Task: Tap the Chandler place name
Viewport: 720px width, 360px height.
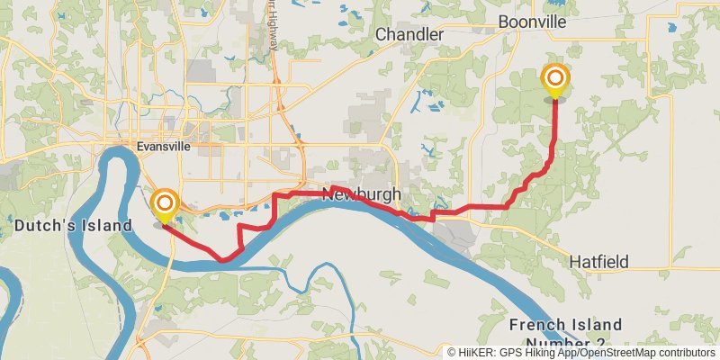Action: click(409, 34)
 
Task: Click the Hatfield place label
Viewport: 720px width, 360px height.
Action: click(598, 261)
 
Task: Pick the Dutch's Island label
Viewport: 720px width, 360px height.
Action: click(72, 226)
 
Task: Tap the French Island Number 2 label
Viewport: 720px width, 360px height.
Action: click(565, 332)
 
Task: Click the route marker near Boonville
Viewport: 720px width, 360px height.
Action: click(555, 80)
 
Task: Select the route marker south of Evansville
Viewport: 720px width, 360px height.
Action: click(165, 204)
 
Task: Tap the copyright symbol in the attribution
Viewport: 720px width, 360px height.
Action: click(452, 353)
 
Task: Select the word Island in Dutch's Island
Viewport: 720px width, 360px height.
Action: click(103, 226)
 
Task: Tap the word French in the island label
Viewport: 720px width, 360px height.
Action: click(539, 324)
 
